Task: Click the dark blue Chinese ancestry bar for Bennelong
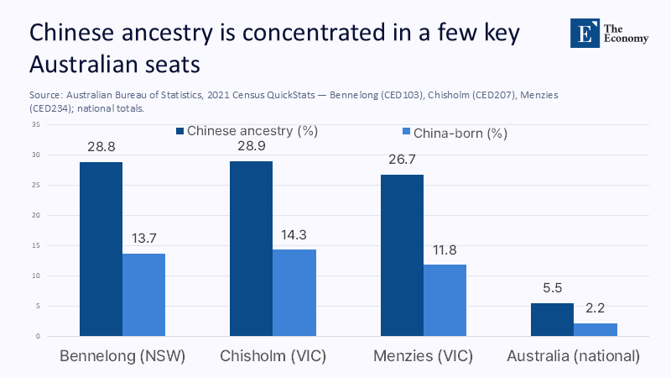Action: pos(101,249)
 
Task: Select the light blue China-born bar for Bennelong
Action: pos(143,295)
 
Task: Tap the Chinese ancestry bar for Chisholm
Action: pos(251,249)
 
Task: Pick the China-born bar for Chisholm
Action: pos(294,292)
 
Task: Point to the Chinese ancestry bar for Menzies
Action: pos(402,255)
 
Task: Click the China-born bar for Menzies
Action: pos(445,300)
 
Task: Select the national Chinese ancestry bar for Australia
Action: pos(552,319)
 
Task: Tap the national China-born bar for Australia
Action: pos(595,329)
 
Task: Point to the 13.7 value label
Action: pos(143,238)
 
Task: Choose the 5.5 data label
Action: pos(552,287)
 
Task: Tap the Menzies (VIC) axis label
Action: pos(423,356)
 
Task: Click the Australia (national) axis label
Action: pos(574,356)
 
